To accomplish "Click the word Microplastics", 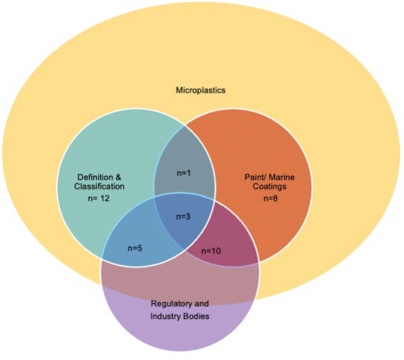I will click(201, 91).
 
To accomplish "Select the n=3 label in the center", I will click(185, 216).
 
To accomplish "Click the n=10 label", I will click(211, 250).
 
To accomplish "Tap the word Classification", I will click(101, 186).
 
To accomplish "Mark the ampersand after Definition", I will click(120, 176).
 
